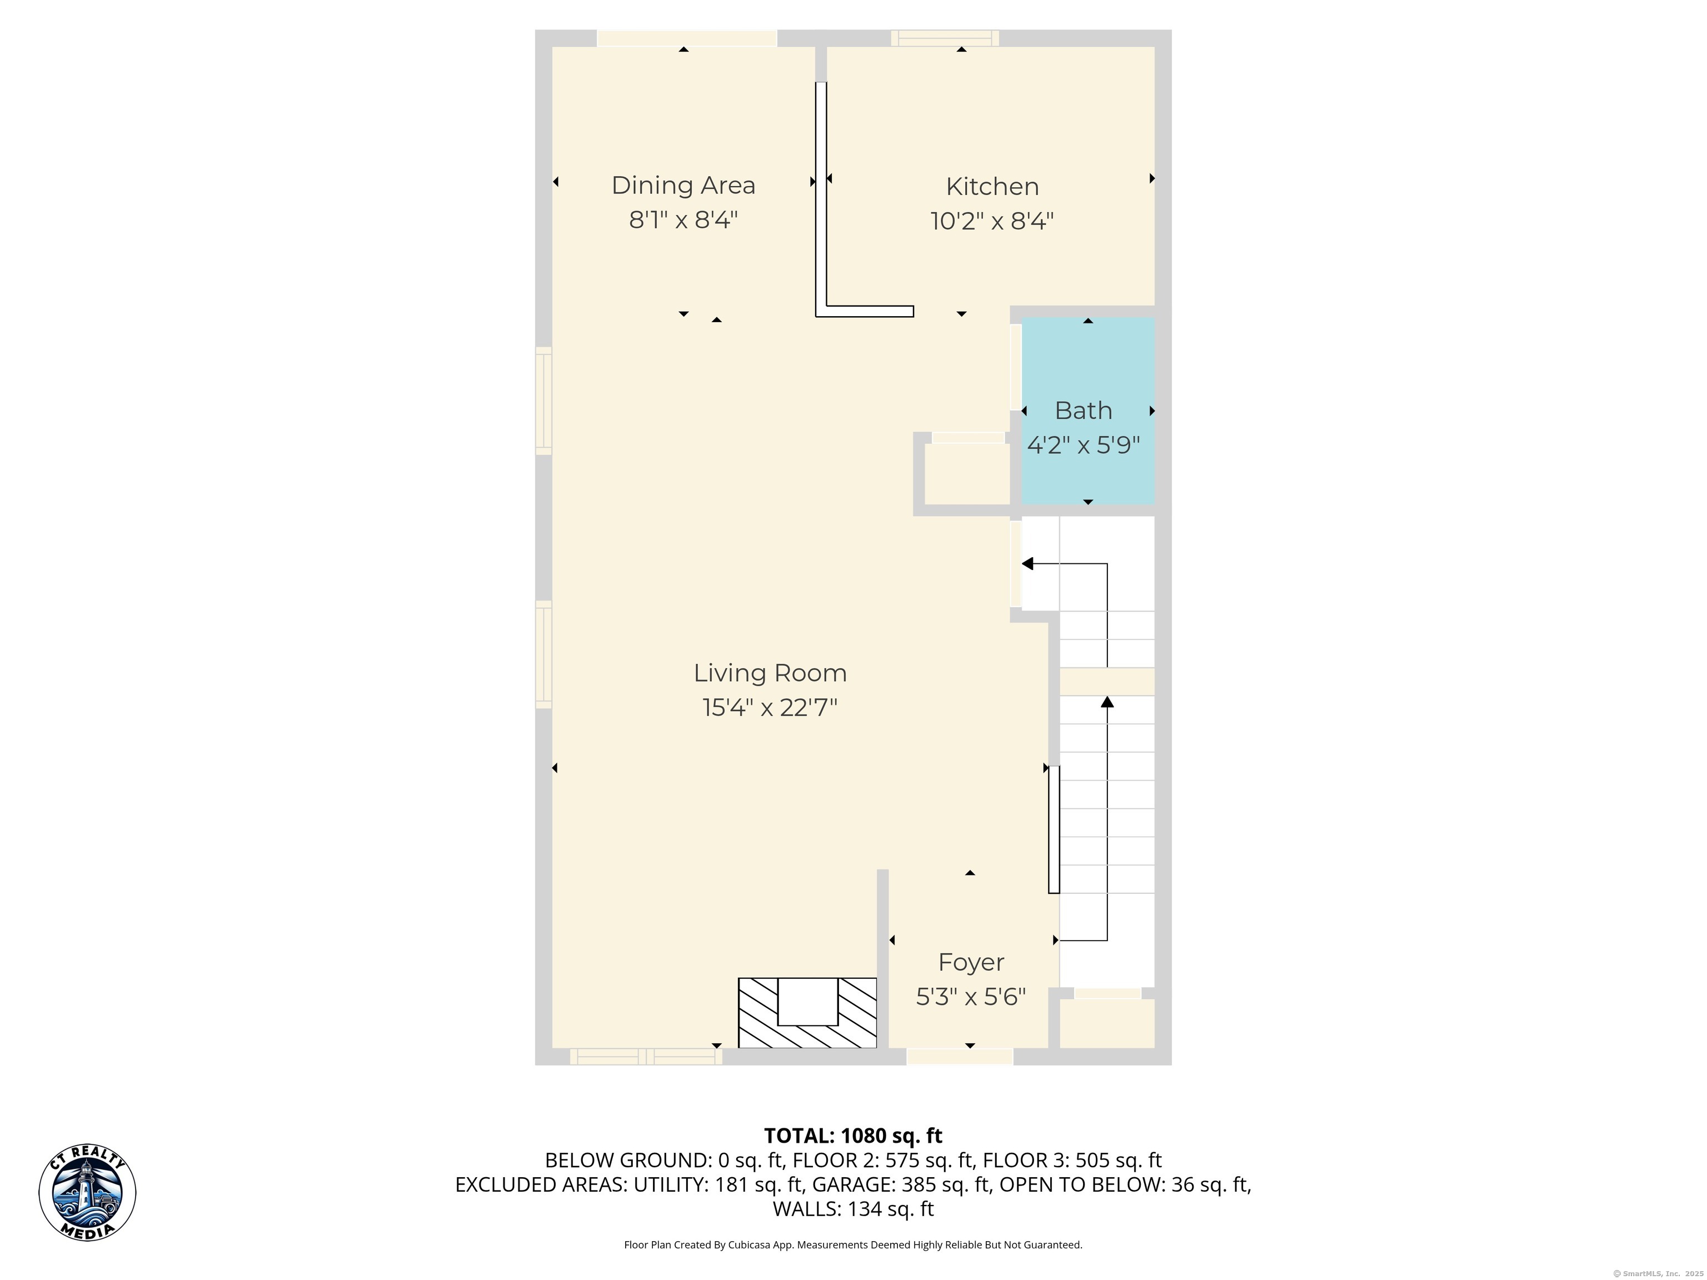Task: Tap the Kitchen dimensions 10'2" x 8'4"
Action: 992,222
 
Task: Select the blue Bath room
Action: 1088,411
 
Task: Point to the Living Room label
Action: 770,673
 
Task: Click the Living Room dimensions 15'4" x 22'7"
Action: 770,708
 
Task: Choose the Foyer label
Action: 971,963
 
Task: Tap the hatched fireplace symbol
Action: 807,1013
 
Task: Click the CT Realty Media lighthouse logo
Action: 87,1192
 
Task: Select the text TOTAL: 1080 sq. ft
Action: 853,1136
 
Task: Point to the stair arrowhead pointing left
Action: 1027,564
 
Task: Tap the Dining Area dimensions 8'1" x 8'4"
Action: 683,220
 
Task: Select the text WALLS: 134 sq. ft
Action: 853,1209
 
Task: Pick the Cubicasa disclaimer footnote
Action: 853,1244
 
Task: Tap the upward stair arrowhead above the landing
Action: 1107,701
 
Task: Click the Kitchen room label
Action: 992,187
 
